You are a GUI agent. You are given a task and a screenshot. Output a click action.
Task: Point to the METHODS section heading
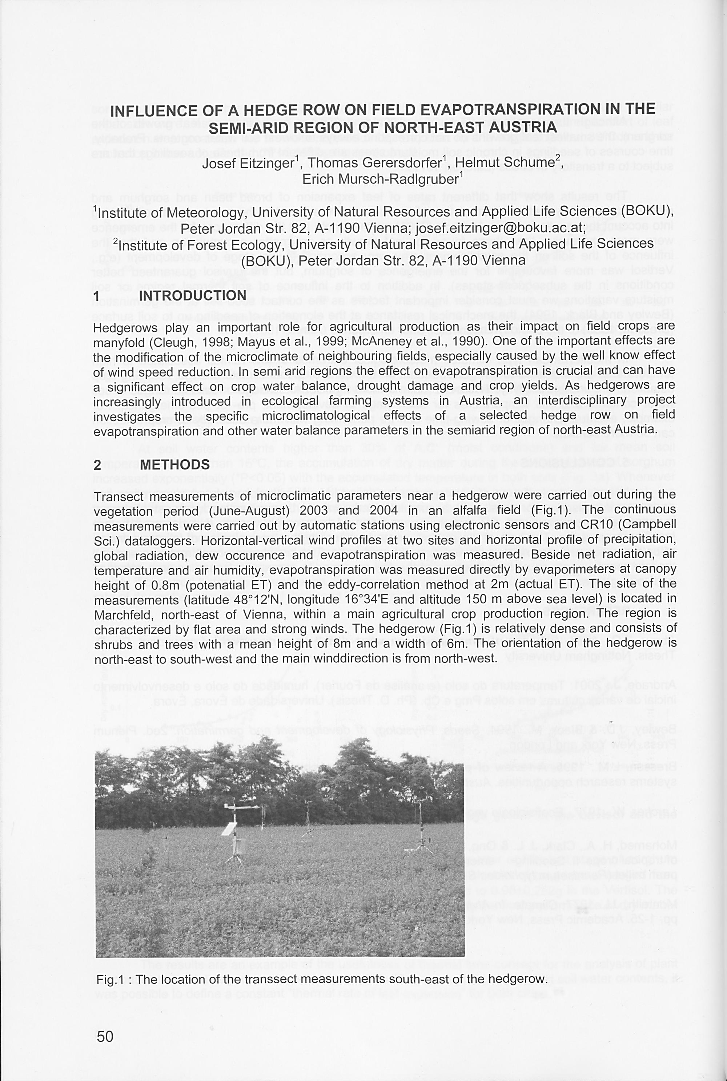(175, 465)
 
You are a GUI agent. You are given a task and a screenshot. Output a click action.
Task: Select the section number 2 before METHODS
(97, 465)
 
